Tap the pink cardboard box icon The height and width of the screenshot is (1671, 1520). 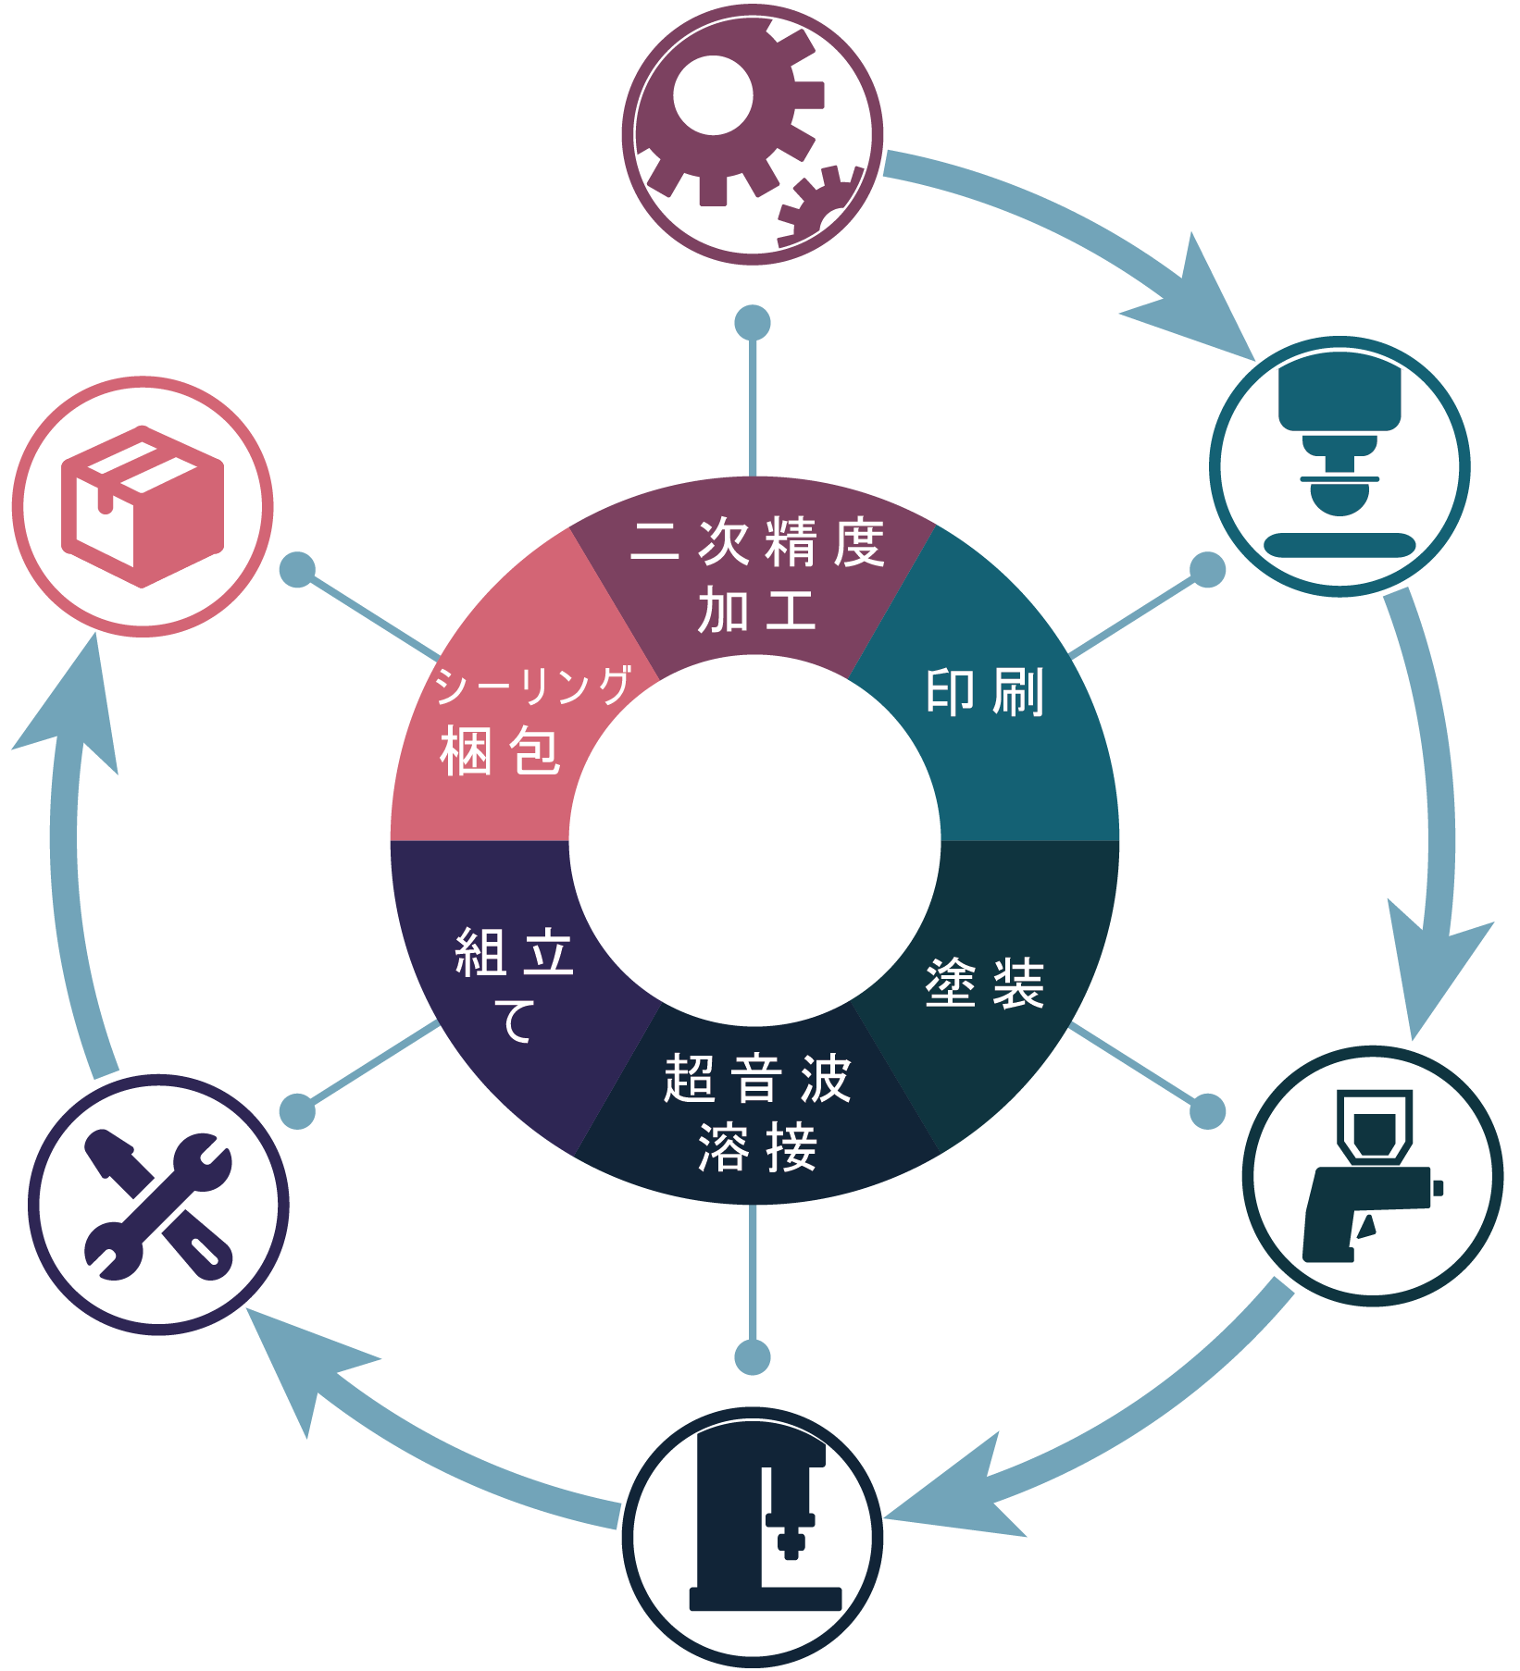click(x=143, y=506)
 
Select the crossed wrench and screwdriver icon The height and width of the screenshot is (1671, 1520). click(x=158, y=1205)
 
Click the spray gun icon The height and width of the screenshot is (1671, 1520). click(x=1373, y=1175)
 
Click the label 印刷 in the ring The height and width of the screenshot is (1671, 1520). click(x=985, y=692)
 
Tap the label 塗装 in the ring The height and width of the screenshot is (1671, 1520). click(x=985, y=983)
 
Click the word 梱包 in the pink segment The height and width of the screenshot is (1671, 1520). click(x=500, y=749)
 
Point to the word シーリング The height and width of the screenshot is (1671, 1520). click(x=533, y=685)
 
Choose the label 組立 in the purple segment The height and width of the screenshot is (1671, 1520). click(x=515, y=952)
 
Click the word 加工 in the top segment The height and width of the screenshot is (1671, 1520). click(x=757, y=610)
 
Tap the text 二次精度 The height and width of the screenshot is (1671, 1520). click(x=757, y=541)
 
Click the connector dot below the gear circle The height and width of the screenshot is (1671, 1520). click(x=753, y=323)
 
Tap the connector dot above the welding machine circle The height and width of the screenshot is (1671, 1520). click(x=753, y=1357)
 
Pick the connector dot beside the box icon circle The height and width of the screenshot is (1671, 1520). click(x=298, y=570)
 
